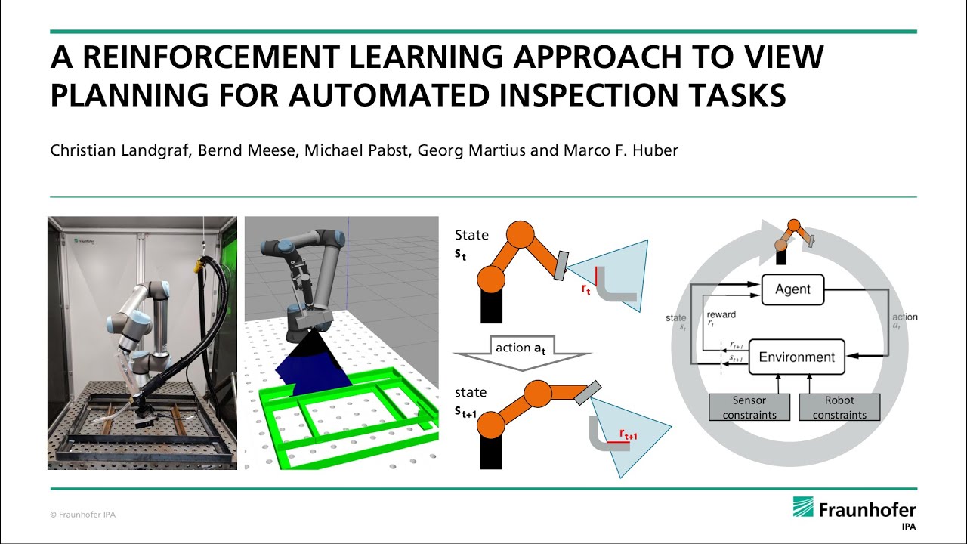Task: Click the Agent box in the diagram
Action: pos(792,289)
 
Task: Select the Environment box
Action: pos(796,357)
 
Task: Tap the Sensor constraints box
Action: pos(749,407)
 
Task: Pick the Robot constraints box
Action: pos(839,407)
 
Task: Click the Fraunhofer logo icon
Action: pos(803,507)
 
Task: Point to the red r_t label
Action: pos(585,288)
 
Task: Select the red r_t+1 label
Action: pos(628,434)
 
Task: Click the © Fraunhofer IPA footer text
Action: pos(82,515)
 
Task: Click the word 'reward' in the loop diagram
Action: pos(721,314)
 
